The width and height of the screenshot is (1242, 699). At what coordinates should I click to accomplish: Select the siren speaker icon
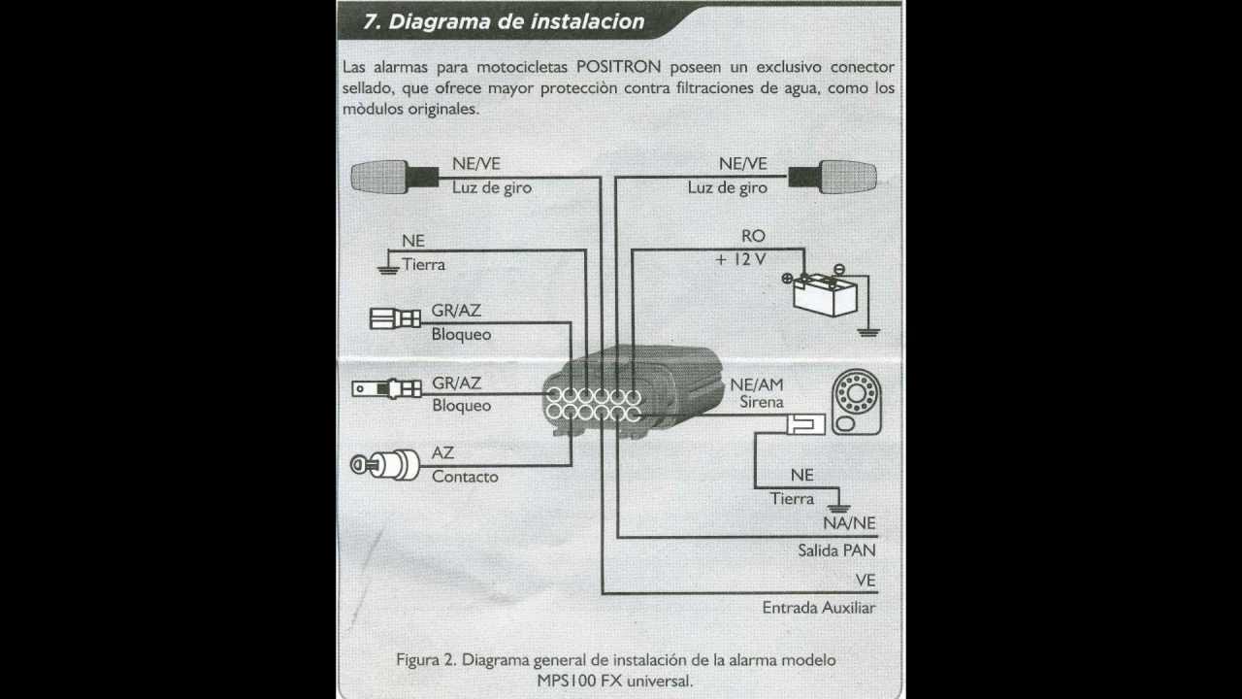point(856,403)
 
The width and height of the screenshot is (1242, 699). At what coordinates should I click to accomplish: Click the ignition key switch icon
point(384,466)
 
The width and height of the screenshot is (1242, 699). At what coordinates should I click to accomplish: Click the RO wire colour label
point(753,236)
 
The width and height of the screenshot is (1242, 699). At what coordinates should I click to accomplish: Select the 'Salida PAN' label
point(836,550)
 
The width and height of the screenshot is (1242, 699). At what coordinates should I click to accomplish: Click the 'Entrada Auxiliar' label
point(819,608)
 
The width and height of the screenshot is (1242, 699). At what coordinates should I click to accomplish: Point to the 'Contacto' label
point(465,477)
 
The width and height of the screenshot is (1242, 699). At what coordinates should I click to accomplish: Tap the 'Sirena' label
point(762,402)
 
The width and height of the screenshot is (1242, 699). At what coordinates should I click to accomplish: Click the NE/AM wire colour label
point(756,384)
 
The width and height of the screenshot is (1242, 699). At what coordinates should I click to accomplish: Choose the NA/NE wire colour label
point(848,523)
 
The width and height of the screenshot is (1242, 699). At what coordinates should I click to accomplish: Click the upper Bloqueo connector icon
point(395,317)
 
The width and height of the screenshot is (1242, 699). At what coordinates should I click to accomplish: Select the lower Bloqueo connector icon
point(386,389)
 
